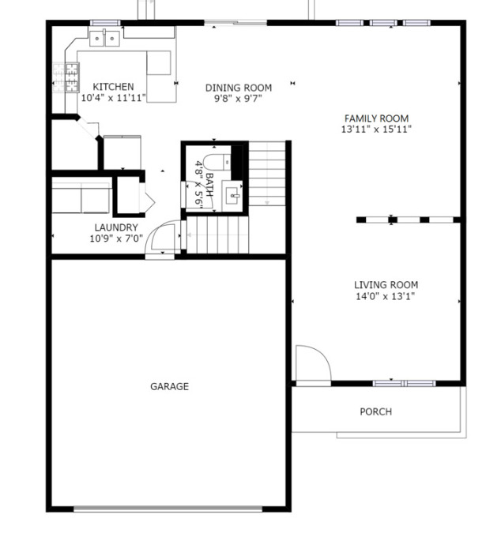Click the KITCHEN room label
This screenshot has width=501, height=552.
pyautogui.click(x=113, y=87)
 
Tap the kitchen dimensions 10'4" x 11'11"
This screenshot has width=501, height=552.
pyautogui.click(x=113, y=99)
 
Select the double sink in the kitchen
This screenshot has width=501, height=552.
pyautogui.click(x=104, y=37)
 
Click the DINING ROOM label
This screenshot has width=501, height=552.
pyautogui.click(x=239, y=88)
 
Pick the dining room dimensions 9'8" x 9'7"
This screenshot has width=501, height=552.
pyautogui.click(x=239, y=99)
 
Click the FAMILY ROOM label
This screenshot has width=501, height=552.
pyautogui.click(x=376, y=118)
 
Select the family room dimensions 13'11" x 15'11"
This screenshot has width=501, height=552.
pyautogui.click(x=376, y=129)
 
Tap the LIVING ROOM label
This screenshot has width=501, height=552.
pyautogui.click(x=386, y=285)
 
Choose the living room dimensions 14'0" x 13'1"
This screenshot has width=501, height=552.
pyautogui.click(x=386, y=297)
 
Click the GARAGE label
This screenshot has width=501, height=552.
pyautogui.click(x=169, y=386)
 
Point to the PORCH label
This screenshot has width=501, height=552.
pyautogui.click(x=375, y=411)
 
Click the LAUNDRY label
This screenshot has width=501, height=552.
pyautogui.click(x=115, y=227)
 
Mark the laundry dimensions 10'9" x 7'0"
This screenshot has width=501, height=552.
pyautogui.click(x=115, y=238)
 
